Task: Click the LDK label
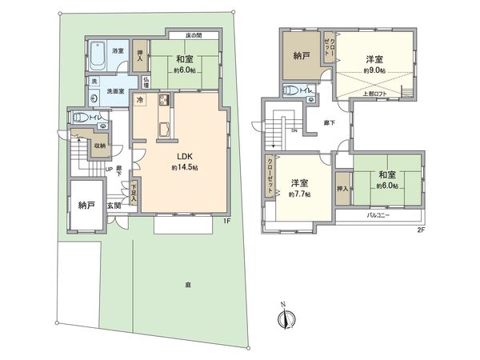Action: click(x=183, y=156)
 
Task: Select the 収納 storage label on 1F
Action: click(x=98, y=146)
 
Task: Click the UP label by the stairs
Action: click(x=108, y=170)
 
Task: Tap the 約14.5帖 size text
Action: click(x=184, y=168)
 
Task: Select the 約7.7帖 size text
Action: click(x=302, y=194)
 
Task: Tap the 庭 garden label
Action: click(x=187, y=284)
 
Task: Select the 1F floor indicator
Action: click(x=226, y=220)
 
